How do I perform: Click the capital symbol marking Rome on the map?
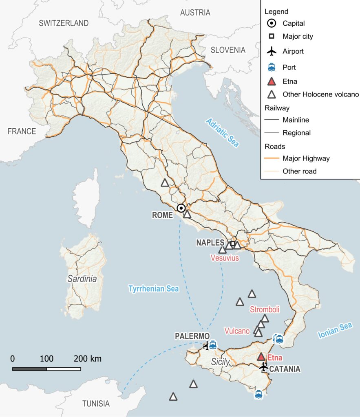(181, 208)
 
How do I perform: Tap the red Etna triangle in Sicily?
(261, 357)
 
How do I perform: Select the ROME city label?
(162, 215)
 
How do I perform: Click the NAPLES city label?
(210, 242)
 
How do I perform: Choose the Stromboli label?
(264, 309)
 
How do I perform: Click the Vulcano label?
(237, 331)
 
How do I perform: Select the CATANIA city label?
(285, 369)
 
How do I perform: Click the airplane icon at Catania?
(264, 367)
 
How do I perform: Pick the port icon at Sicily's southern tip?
(258, 395)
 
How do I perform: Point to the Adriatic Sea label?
(222, 133)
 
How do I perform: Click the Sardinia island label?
(82, 279)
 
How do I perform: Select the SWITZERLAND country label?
(64, 23)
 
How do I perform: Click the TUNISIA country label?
(96, 404)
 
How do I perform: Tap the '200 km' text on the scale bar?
(88, 359)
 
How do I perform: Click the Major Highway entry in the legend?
(306, 158)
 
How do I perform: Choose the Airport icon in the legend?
(271, 52)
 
